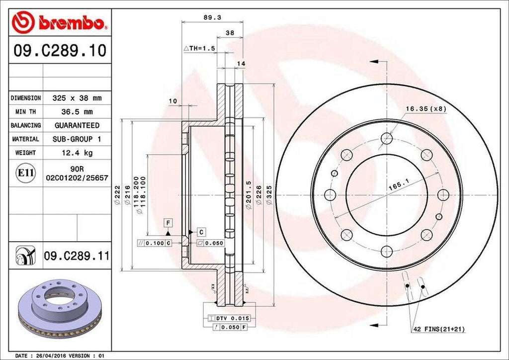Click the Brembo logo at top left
click(x=59, y=23)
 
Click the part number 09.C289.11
click(x=76, y=256)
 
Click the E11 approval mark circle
click(x=26, y=173)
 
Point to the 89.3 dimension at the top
click(x=212, y=17)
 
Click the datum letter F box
click(x=169, y=222)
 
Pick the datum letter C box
click(x=201, y=232)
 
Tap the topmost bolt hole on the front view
click(x=387, y=138)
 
